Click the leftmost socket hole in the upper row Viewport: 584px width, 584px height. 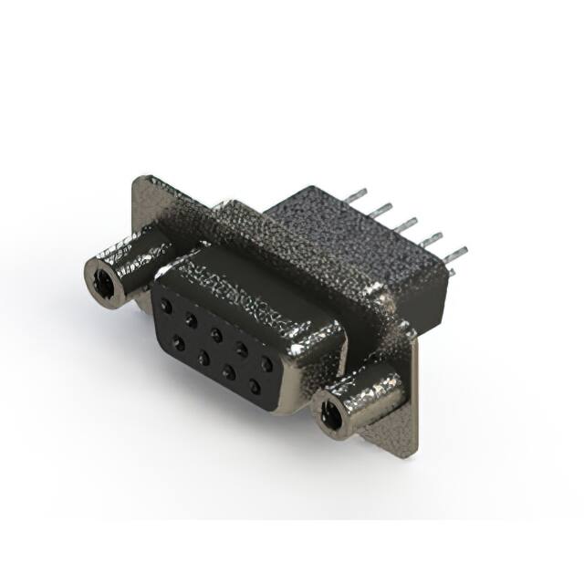(x=166, y=306)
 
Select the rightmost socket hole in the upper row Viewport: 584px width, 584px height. (x=266, y=363)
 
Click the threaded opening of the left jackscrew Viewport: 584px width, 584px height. (x=103, y=282)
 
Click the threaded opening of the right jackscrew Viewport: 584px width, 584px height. (x=332, y=416)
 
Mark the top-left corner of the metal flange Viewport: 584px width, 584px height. (x=138, y=180)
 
